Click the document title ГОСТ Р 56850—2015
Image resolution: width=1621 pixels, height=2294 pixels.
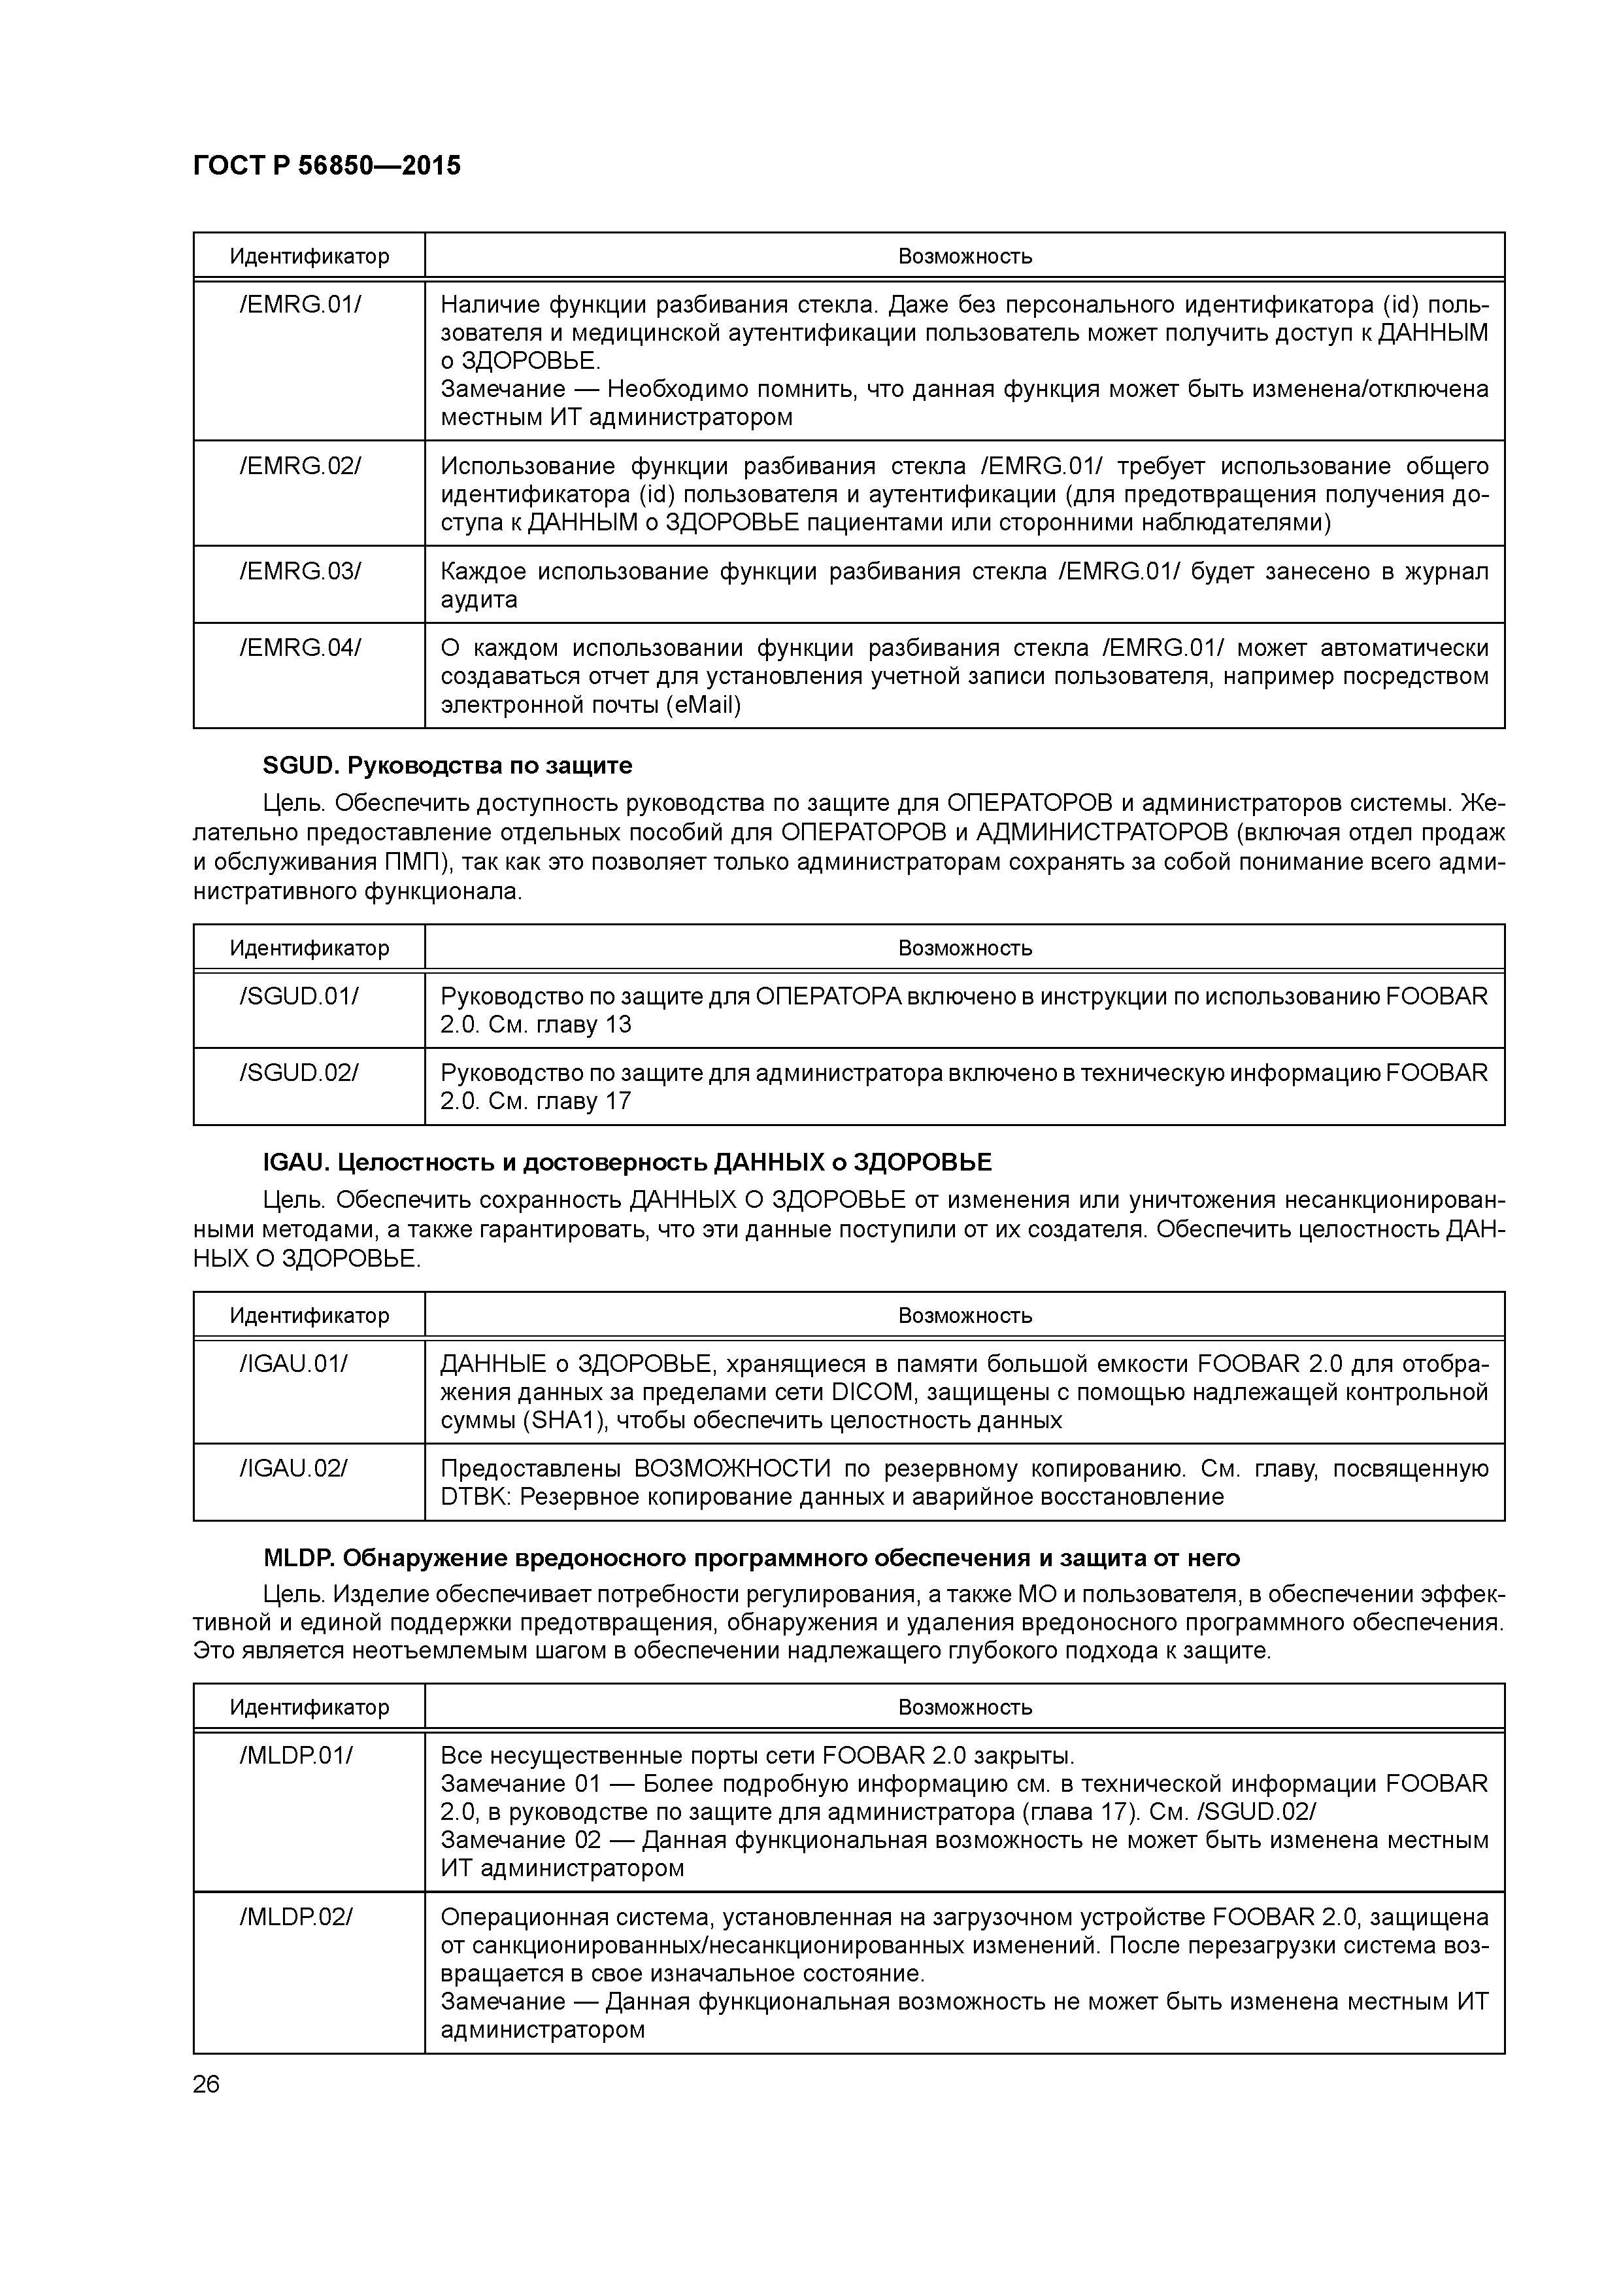(x=327, y=166)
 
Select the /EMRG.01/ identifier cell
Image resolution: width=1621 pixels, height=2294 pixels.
(x=299, y=305)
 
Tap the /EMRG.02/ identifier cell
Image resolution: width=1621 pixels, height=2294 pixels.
(x=299, y=467)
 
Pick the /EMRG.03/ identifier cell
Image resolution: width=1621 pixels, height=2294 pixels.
(x=299, y=572)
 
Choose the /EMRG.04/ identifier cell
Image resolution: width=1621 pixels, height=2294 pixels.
(x=299, y=649)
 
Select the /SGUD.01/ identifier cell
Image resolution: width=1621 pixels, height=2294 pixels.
(x=299, y=996)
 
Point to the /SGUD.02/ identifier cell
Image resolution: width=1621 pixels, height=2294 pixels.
(x=299, y=1073)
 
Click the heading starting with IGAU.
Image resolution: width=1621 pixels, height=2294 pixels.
(x=627, y=1163)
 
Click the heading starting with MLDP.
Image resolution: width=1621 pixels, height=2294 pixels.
(x=751, y=1558)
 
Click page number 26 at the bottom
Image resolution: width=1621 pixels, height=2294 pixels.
(x=207, y=2085)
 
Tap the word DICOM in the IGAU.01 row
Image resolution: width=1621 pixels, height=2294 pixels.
(x=870, y=1393)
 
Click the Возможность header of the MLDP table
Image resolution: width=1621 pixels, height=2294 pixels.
(x=965, y=1707)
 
